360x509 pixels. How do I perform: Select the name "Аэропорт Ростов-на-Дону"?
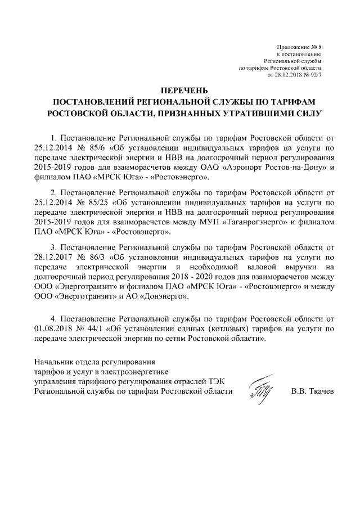[x=281, y=168]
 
